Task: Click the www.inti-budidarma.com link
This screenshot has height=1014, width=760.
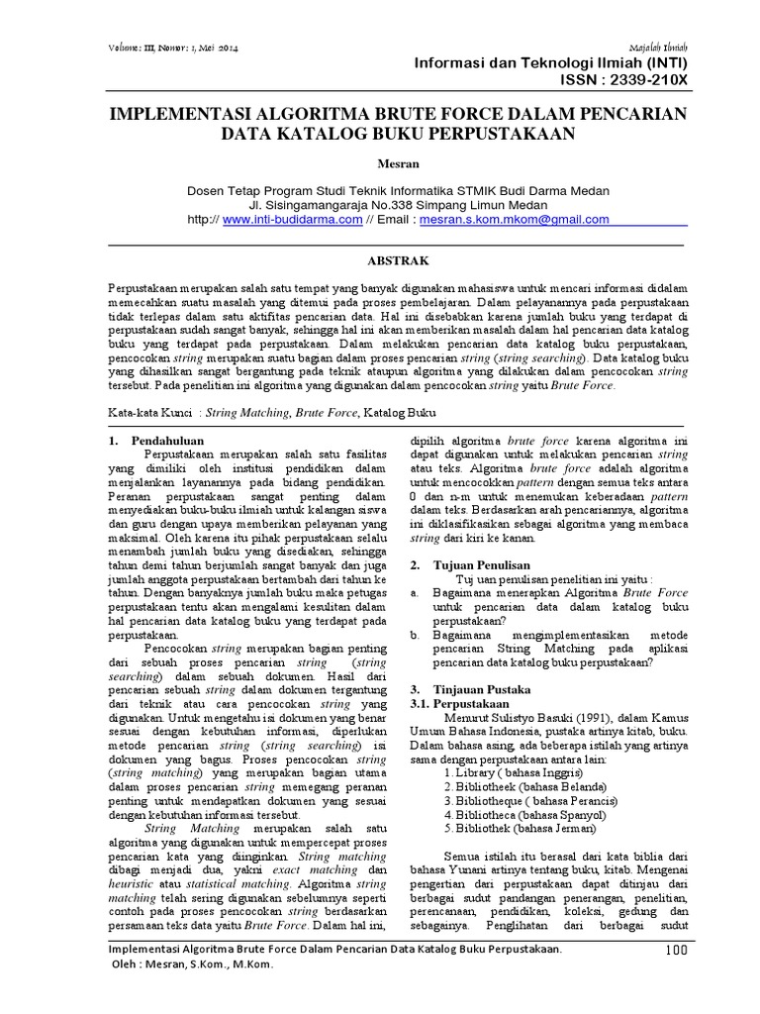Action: [x=292, y=220]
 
